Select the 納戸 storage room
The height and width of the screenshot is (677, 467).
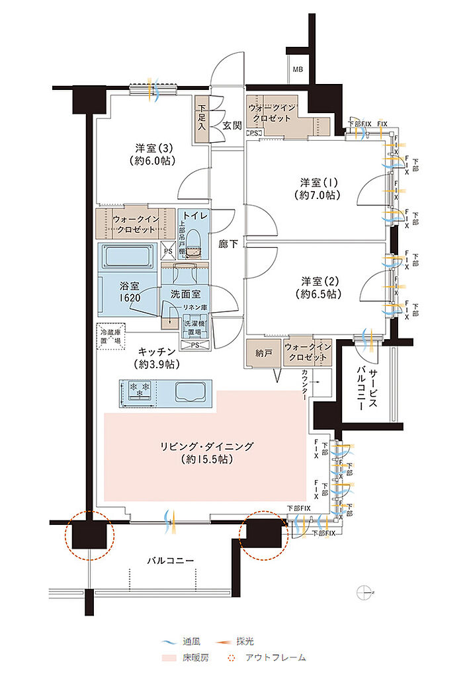pyautogui.click(x=263, y=353)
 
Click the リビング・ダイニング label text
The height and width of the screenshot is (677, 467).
pyautogui.click(x=207, y=446)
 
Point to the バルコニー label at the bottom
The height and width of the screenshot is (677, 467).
pyautogui.click(x=170, y=560)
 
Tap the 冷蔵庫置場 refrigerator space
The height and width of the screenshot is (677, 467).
pyautogui.click(x=110, y=335)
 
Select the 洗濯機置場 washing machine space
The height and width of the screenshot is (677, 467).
pyautogui.click(x=196, y=328)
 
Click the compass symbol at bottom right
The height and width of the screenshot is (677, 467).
pyautogui.click(x=364, y=592)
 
